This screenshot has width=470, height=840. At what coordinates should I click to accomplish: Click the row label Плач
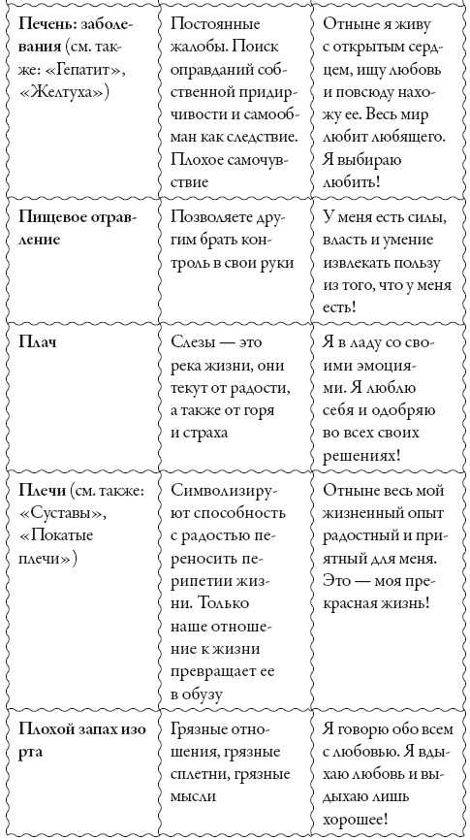tap(36, 345)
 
